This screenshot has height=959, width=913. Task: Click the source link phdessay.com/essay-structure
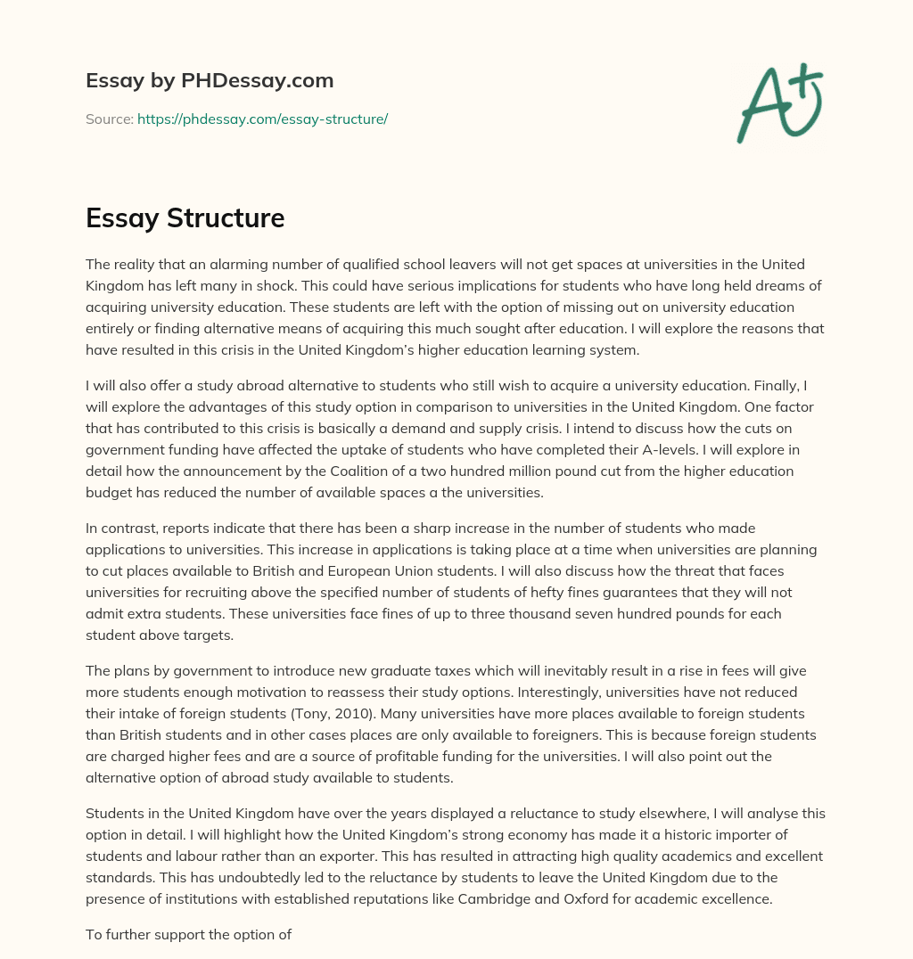coord(262,119)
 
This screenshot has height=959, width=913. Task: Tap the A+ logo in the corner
coord(778,103)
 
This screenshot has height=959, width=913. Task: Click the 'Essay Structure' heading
coord(185,218)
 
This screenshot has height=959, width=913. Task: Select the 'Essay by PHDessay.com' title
coord(210,81)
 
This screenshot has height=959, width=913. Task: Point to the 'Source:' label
coord(109,119)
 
